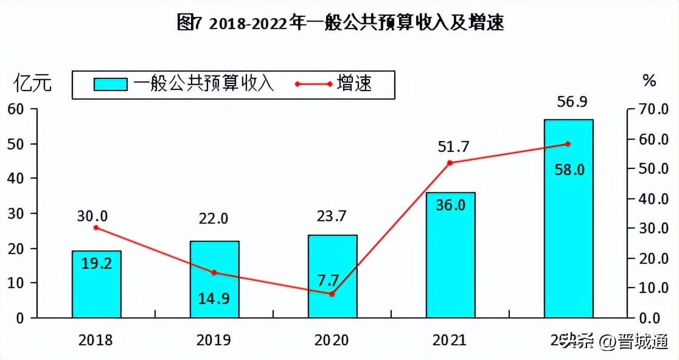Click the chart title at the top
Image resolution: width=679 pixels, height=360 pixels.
click(340, 23)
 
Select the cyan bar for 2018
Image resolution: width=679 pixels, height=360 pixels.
click(96, 285)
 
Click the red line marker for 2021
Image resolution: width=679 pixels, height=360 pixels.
click(450, 163)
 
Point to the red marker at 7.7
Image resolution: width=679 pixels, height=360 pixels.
click(332, 294)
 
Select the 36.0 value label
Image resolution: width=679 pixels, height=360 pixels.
click(450, 205)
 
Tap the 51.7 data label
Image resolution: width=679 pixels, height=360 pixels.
click(450, 146)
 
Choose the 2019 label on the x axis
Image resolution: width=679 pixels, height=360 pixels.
click(214, 339)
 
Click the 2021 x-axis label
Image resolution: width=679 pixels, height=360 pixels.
click(449, 339)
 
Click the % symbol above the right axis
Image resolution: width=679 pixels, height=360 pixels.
click(649, 80)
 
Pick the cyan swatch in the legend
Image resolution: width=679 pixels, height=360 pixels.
click(110, 84)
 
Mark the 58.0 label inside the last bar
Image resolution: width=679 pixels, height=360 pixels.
click(569, 170)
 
